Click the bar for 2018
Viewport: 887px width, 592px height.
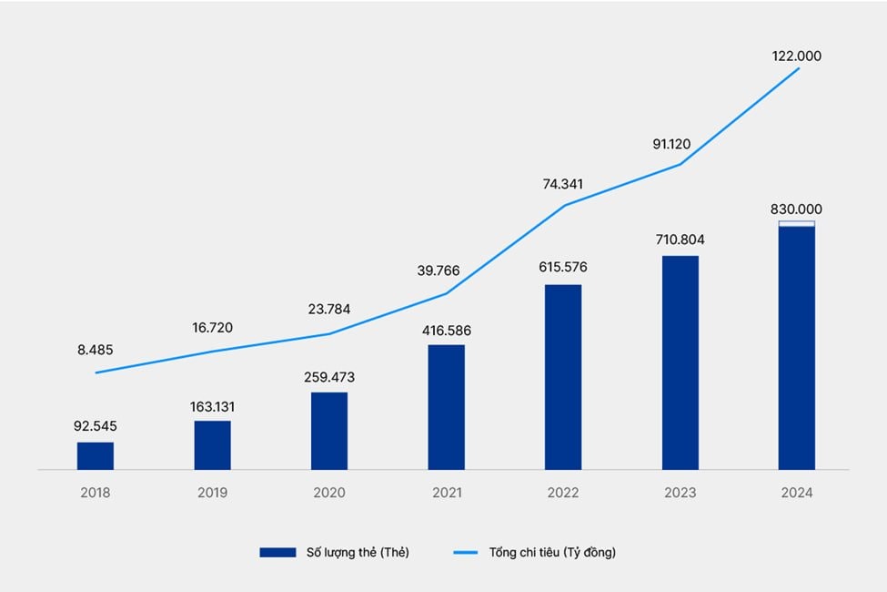tap(96, 455)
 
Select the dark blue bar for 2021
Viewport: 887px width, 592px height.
tap(446, 407)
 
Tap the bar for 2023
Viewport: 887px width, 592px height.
tap(680, 362)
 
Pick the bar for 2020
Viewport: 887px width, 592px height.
tap(329, 431)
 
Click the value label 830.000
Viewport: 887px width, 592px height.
tap(797, 209)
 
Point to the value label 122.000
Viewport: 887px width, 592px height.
tap(797, 56)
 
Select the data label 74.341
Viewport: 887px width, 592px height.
tap(563, 184)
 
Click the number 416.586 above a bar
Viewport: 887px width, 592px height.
tap(446, 331)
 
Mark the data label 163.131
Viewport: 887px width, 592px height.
tap(212, 406)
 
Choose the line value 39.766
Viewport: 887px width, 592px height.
tap(446, 271)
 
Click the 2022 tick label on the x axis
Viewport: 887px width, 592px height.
tap(563, 493)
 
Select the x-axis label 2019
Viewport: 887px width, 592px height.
tap(212, 493)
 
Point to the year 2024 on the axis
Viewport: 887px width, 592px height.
tap(797, 493)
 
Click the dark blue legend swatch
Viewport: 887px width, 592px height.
tap(278, 552)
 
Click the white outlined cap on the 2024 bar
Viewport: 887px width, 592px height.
tap(797, 224)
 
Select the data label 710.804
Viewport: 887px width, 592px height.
tap(680, 240)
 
